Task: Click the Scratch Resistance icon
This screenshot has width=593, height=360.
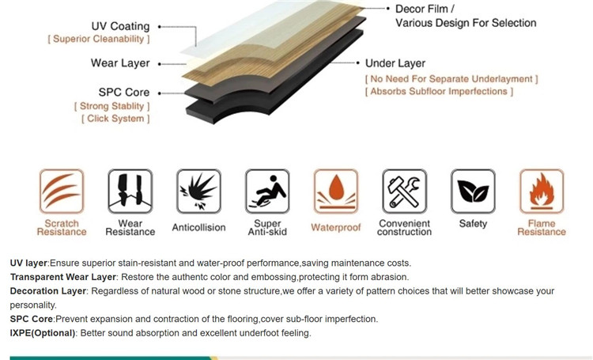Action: click(62, 191)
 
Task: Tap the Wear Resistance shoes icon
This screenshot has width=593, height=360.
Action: click(130, 191)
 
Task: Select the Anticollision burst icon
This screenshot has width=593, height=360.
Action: click(199, 191)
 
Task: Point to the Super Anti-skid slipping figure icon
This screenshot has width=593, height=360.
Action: click(267, 191)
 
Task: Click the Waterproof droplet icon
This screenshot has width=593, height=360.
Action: click(336, 191)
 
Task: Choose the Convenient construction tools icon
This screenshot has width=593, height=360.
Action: click(405, 191)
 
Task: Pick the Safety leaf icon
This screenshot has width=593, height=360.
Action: click(473, 191)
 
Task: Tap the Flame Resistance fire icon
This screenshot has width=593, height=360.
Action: click(542, 191)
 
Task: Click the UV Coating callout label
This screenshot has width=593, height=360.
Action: click(121, 26)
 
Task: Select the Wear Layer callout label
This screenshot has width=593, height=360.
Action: click(120, 63)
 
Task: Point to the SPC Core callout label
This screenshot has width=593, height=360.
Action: click(124, 92)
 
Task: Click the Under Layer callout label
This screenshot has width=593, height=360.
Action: click(395, 63)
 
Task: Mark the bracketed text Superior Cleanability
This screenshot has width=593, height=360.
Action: click(99, 39)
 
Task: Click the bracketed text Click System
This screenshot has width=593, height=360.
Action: click(115, 119)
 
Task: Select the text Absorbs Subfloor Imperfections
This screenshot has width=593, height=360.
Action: click(439, 92)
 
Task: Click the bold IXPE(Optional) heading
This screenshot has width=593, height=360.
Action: click(43, 333)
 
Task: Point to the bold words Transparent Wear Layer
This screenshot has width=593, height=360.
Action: click(62, 277)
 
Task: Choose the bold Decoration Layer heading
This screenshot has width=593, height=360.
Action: click(48, 291)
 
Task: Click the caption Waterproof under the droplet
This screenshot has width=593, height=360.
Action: click(336, 228)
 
